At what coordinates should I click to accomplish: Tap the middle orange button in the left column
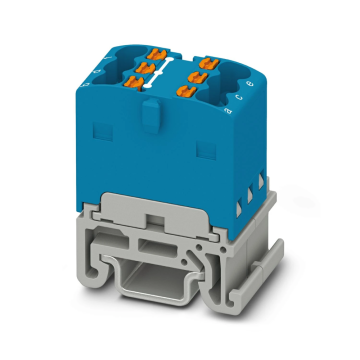(149, 68)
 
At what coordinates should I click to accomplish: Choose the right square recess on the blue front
(209, 148)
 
